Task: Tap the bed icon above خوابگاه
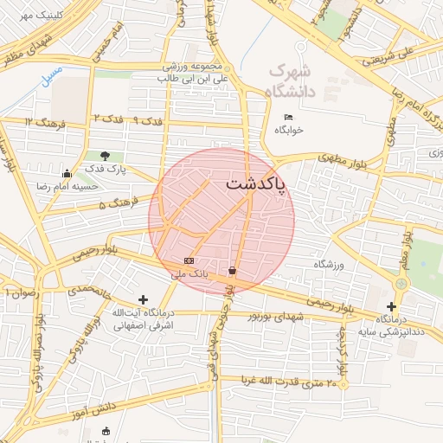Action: [288, 118]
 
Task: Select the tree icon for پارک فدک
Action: [105, 156]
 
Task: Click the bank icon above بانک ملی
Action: [189, 260]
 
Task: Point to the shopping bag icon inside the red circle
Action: [232, 271]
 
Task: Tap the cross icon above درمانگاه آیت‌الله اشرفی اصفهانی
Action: [143, 299]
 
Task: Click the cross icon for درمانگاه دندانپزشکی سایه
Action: [392, 306]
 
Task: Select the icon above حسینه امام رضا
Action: [67, 173]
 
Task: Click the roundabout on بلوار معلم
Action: [401, 283]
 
